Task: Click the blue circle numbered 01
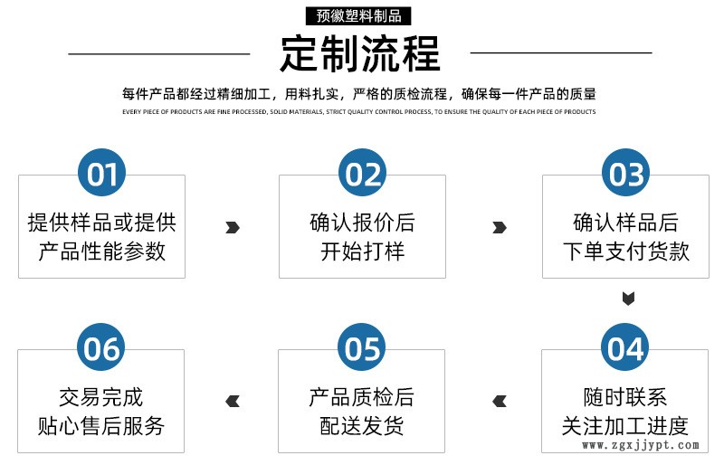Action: pos(102,173)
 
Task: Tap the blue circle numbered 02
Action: pos(362,173)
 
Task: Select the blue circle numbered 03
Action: pos(626,173)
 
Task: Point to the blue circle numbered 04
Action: pos(626,347)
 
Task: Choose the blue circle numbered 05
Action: pos(362,347)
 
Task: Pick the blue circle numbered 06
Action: pos(102,347)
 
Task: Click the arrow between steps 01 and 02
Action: pos(233,227)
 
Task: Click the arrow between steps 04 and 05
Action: pos(499,401)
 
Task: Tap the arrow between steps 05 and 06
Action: pos(233,401)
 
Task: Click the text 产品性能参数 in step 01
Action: pos(102,251)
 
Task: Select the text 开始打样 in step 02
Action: pos(362,251)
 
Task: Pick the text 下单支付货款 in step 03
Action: pos(626,251)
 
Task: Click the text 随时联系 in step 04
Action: pos(626,397)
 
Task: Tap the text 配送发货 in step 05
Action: pos(362,426)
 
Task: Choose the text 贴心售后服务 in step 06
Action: pos(102,426)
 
